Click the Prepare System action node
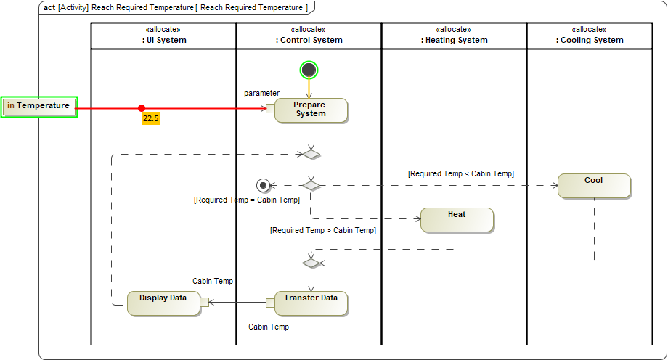pos(311,110)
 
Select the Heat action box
pos(457,220)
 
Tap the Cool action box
pos(594,186)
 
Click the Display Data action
pos(163,303)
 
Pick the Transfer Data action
pos(311,303)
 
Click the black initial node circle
pos(309,70)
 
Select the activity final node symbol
pos(264,185)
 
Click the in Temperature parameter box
pos(39,107)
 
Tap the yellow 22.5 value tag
pos(151,118)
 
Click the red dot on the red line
pos(142,108)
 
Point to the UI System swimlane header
pos(164,40)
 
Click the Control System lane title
pos(309,40)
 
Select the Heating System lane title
pos(455,40)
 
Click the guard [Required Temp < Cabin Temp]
pos(461,173)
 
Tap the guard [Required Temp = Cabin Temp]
pos(247,200)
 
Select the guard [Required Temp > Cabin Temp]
pos(323,230)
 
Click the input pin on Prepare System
pos(270,109)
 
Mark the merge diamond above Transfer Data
pos(311,263)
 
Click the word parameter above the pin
pos(261,93)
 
